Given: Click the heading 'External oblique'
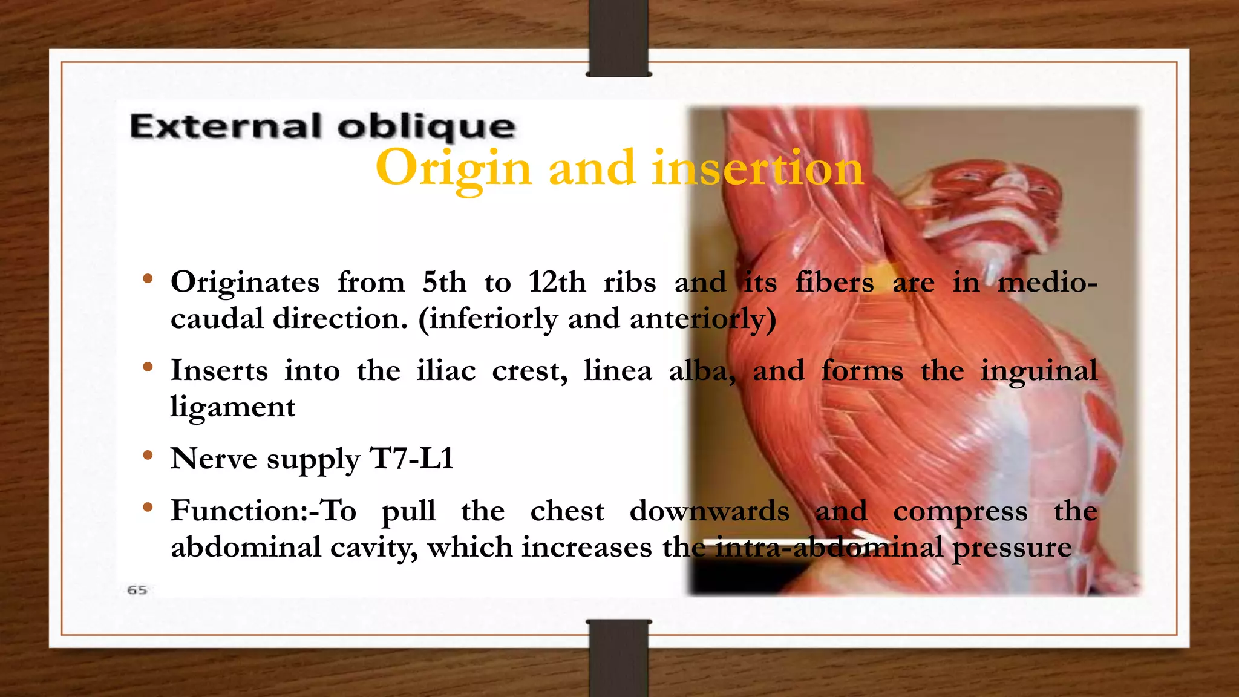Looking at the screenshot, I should pyautogui.click(x=322, y=127).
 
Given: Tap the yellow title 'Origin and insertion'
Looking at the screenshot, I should pyautogui.click(x=619, y=168).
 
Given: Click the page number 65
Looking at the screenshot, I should pyautogui.click(x=137, y=590).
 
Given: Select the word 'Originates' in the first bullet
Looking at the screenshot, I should pyautogui.click(x=245, y=283).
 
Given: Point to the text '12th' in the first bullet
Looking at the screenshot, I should pyautogui.click(x=557, y=283).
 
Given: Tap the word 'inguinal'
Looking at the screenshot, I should pyautogui.click(x=1038, y=371).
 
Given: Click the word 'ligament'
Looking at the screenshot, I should pyautogui.click(x=233, y=407).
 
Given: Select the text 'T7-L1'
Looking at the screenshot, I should pyautogui.click(x=411, y=459).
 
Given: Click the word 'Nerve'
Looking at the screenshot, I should pyautogui.click(x=214, y=459).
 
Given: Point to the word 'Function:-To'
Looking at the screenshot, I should pyautogui.click(x=263, y=511).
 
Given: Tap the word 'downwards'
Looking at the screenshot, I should pyautogui.click(x=709, y=511).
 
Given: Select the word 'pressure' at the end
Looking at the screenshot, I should pyautogui.click(x=1012, y=548).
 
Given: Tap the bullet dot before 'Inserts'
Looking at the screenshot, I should pyautogui.click(x=148, y=367).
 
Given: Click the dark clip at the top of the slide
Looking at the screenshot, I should pyautogui.click(x=619, y=38).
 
